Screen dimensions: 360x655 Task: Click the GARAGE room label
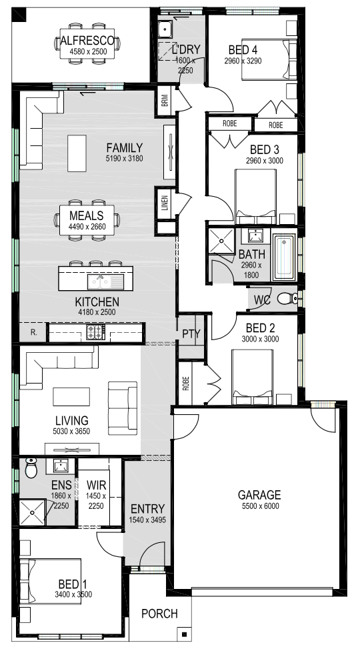pyautogui.click(x=259, y=495)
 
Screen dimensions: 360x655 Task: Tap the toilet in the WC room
pyautogui.click(x=288, y=298)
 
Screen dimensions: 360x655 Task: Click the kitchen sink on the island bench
pyautogui.click(x=105, y=282)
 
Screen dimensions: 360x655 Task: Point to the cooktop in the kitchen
pyautogui.click(x=95, y=332)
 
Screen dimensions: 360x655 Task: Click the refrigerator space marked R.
pyautogui.click(x=33, y=333)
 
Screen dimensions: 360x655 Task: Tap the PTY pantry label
pyautogui.click(x=191, y=334)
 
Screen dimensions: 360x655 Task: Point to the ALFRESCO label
pyautogui.click(x=88, y=41)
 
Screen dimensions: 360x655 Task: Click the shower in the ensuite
pyautogui.click(x=32, y=512)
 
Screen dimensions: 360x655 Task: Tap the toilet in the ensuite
pyautogui.click(x=31, y=468)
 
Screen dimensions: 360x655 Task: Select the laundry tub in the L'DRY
pyautogui.click(x=165, y=29)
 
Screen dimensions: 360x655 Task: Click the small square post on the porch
pyautogui.click(x=184, y=634)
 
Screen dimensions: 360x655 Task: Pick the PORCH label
pyautogui.click(x=159, y=614)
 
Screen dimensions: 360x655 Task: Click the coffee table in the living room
pyautogui.click(x=71, y=396)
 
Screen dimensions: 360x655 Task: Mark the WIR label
pyautogui.click(x=97, y=486)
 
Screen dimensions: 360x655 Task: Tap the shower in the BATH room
pyautogui.click(x=222, y=240)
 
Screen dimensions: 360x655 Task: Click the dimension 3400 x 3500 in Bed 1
pyautogui.click(x=73, y=594)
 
